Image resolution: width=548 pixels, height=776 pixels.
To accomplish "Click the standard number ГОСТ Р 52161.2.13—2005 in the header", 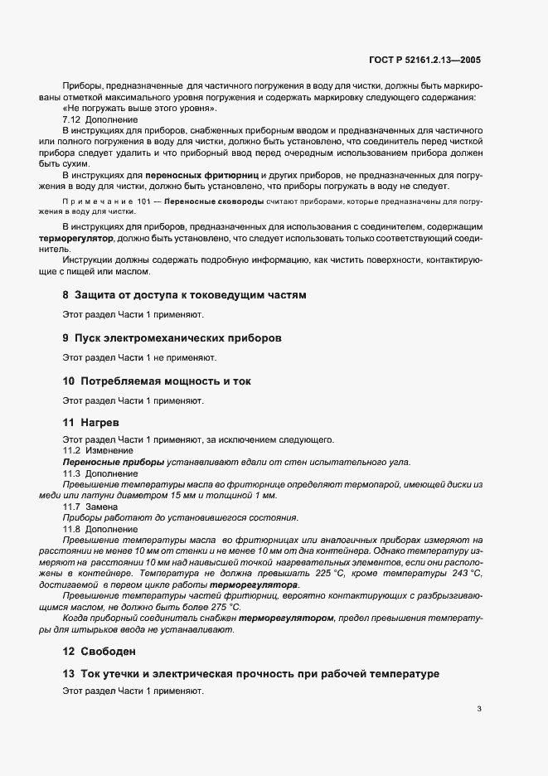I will [x=424, y=61].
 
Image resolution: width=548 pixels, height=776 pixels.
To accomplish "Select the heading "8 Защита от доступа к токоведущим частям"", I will [x=184, y=294].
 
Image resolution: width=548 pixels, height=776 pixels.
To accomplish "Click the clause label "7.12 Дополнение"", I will [x=100, y=120].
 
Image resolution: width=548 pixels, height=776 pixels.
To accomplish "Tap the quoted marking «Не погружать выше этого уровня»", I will [x=140, y=109].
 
